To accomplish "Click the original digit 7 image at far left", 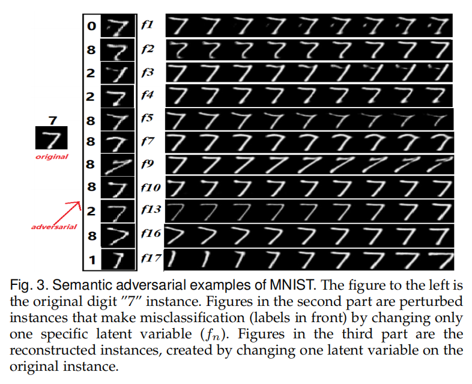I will point(51,139).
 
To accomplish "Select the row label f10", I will point(151,187).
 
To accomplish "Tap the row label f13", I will point(151,210).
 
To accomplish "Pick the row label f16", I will point(151,234).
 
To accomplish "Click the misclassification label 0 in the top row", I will point(91,26).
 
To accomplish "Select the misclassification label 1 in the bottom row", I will point(91,259).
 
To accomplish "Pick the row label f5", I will point(147,118).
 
